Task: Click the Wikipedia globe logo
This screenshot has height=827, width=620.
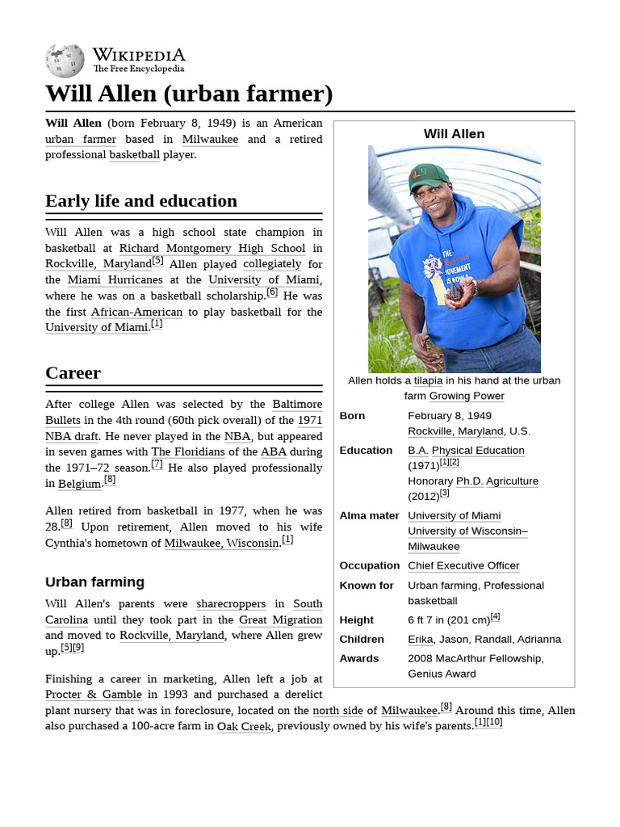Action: coord(65,61)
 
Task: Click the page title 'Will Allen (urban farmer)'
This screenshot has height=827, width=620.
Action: coord(189,94)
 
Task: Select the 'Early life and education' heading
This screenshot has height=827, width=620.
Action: coord(141,201)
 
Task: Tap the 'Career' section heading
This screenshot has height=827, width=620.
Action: coord(73,373)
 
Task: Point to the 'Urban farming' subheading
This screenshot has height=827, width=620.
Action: coord(94,582)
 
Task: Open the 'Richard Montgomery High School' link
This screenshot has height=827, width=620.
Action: coord(212,249)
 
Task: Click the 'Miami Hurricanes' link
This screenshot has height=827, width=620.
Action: coord(115,280)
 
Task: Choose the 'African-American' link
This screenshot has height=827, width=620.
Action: coord(136,312)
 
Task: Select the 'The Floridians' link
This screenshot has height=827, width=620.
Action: coord(188,452)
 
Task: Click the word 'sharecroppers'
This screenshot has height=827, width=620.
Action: coord(231,604)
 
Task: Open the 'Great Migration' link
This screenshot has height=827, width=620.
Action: coord(280,620)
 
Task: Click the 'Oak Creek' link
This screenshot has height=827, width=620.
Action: coord(244,726)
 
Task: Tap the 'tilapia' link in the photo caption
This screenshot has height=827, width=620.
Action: coord(428,380)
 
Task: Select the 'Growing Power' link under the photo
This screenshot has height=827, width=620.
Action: coord(467,396)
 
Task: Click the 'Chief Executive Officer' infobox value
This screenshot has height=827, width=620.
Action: coord(463,566)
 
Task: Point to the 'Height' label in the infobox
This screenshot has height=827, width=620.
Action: coord(356,620)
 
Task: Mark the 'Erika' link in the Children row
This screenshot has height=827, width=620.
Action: coord(420,640)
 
